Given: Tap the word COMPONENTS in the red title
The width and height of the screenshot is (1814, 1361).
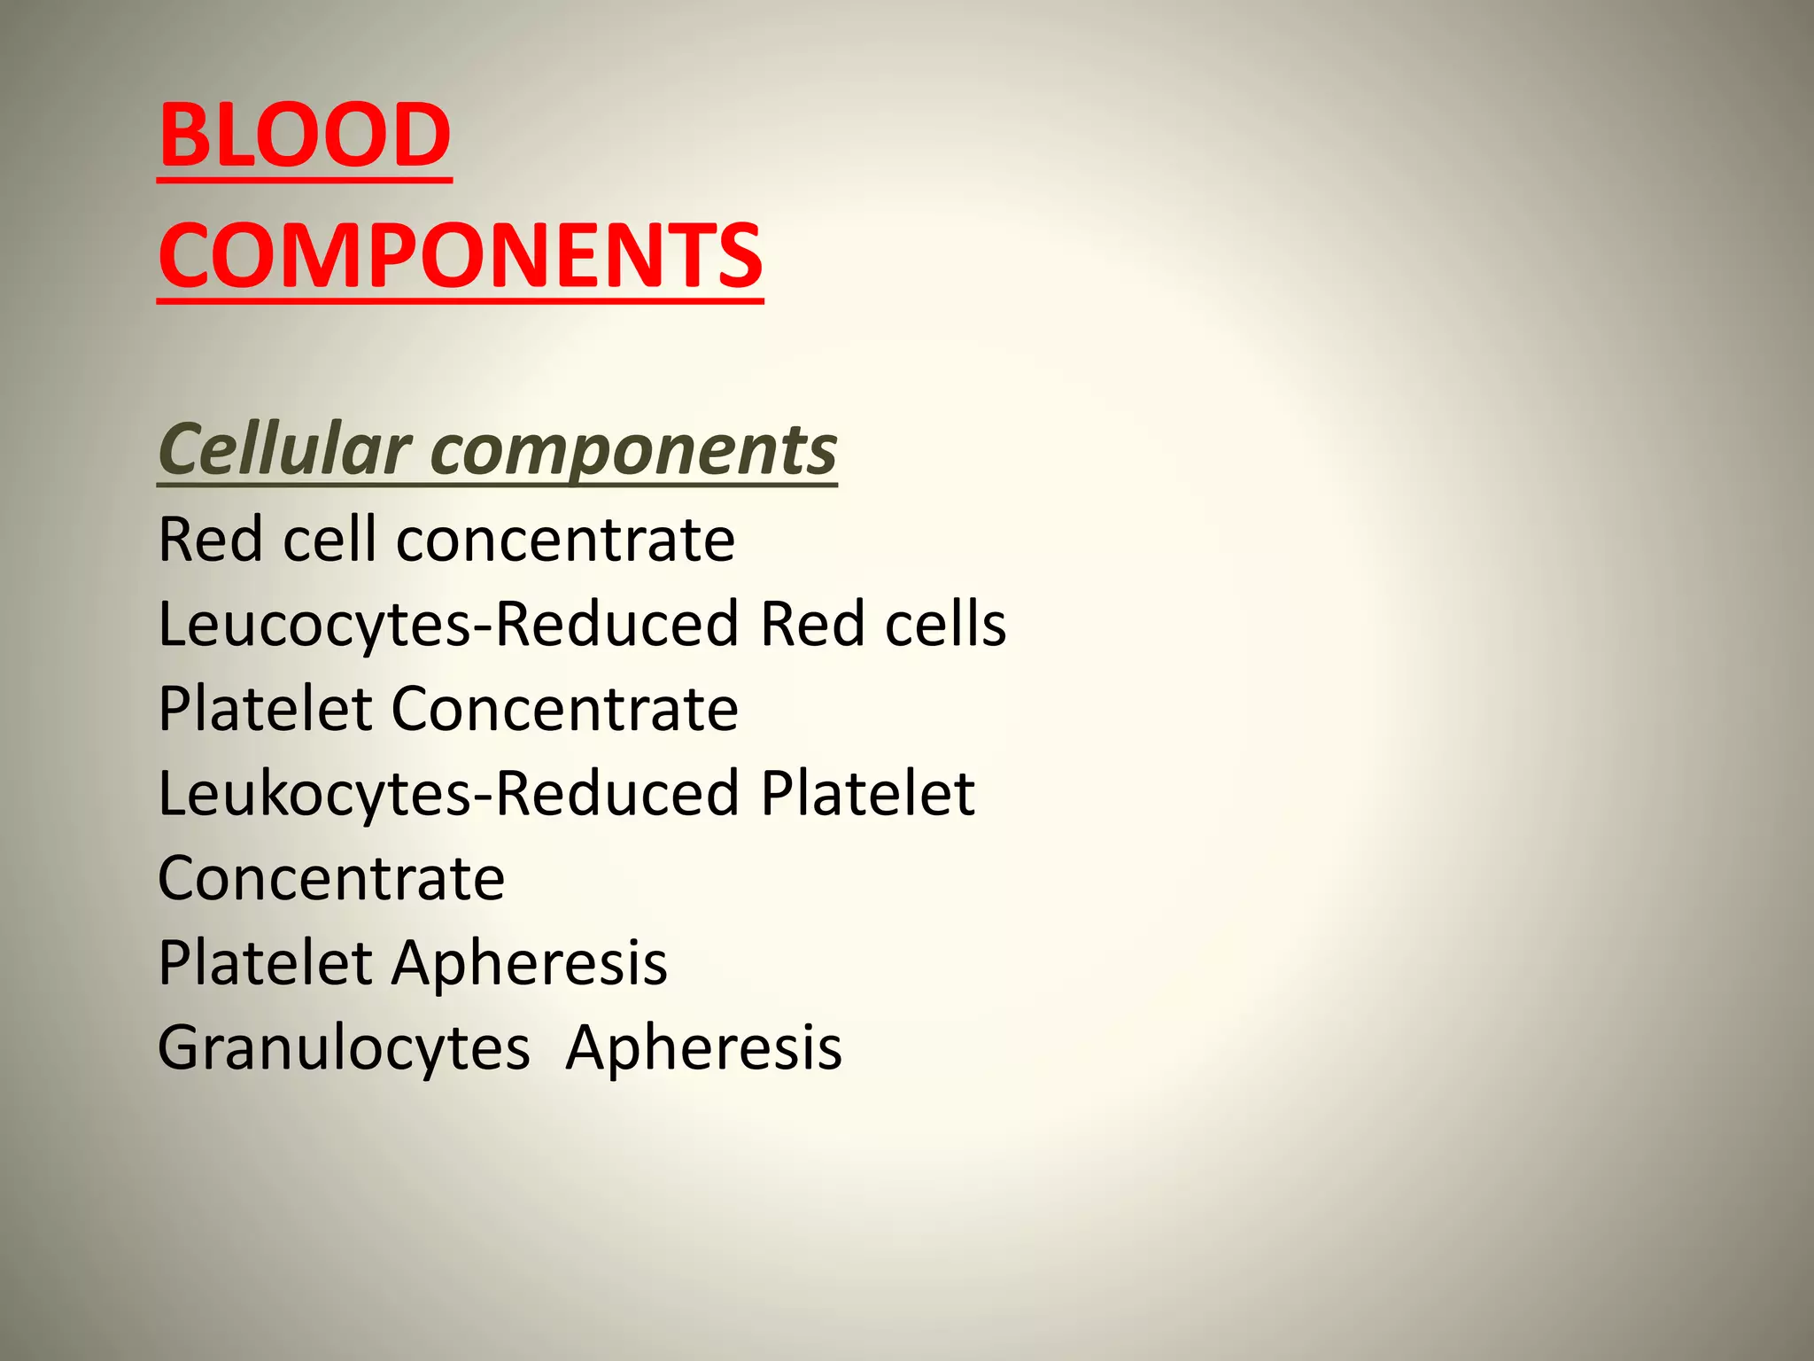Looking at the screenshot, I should (461, 256).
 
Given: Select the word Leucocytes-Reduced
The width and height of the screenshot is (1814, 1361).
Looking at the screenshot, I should (448, 625).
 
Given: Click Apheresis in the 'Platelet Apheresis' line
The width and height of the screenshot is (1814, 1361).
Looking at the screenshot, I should (530, 964).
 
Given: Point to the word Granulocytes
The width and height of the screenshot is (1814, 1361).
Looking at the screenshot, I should (344, 1049).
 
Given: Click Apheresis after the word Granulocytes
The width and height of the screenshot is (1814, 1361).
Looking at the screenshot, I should (704, 1049).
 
